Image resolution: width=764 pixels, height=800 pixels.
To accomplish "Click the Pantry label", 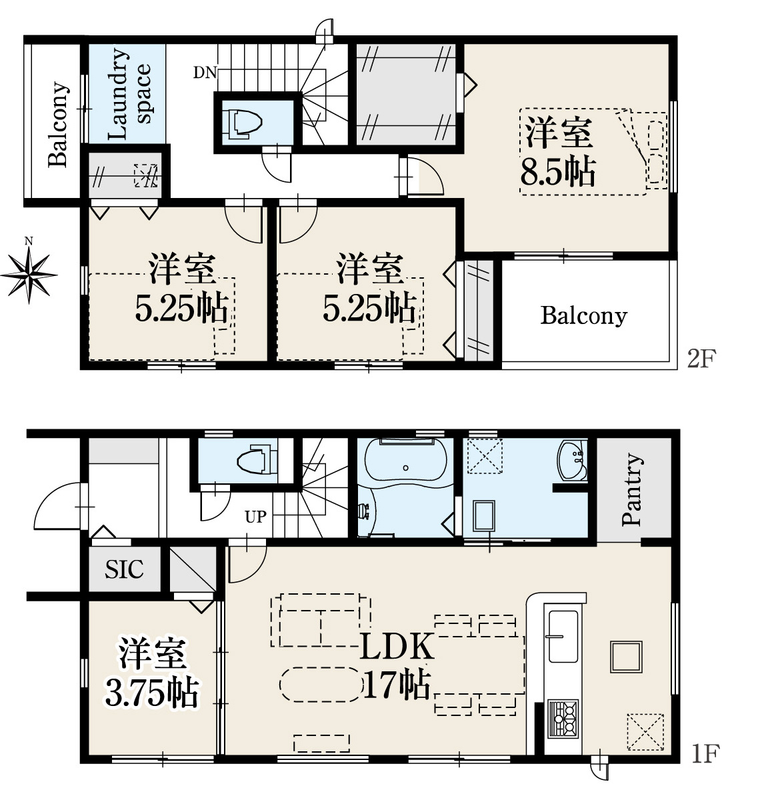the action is (x=631, y=489).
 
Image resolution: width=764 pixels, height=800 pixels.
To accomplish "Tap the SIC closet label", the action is (x=124, y=569).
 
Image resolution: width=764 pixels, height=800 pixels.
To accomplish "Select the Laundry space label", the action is (x=129, y=94).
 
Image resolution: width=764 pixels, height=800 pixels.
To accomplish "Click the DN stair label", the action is (x=205, y=73).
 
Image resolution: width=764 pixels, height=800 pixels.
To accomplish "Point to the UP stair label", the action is (x=255, y=517).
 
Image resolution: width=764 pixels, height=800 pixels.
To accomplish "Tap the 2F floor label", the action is (x=702, y=358).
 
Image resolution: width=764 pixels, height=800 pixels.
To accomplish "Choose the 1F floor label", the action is (x=705, y=753).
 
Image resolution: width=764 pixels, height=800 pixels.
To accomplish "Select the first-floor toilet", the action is (x=257, y=461).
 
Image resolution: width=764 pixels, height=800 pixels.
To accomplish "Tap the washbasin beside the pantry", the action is (x=572, y=459).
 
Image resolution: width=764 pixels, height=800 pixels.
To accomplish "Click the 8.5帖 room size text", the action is (x=558, y=172).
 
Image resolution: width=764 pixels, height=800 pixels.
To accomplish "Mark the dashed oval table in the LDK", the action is (x=321, y=684).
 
